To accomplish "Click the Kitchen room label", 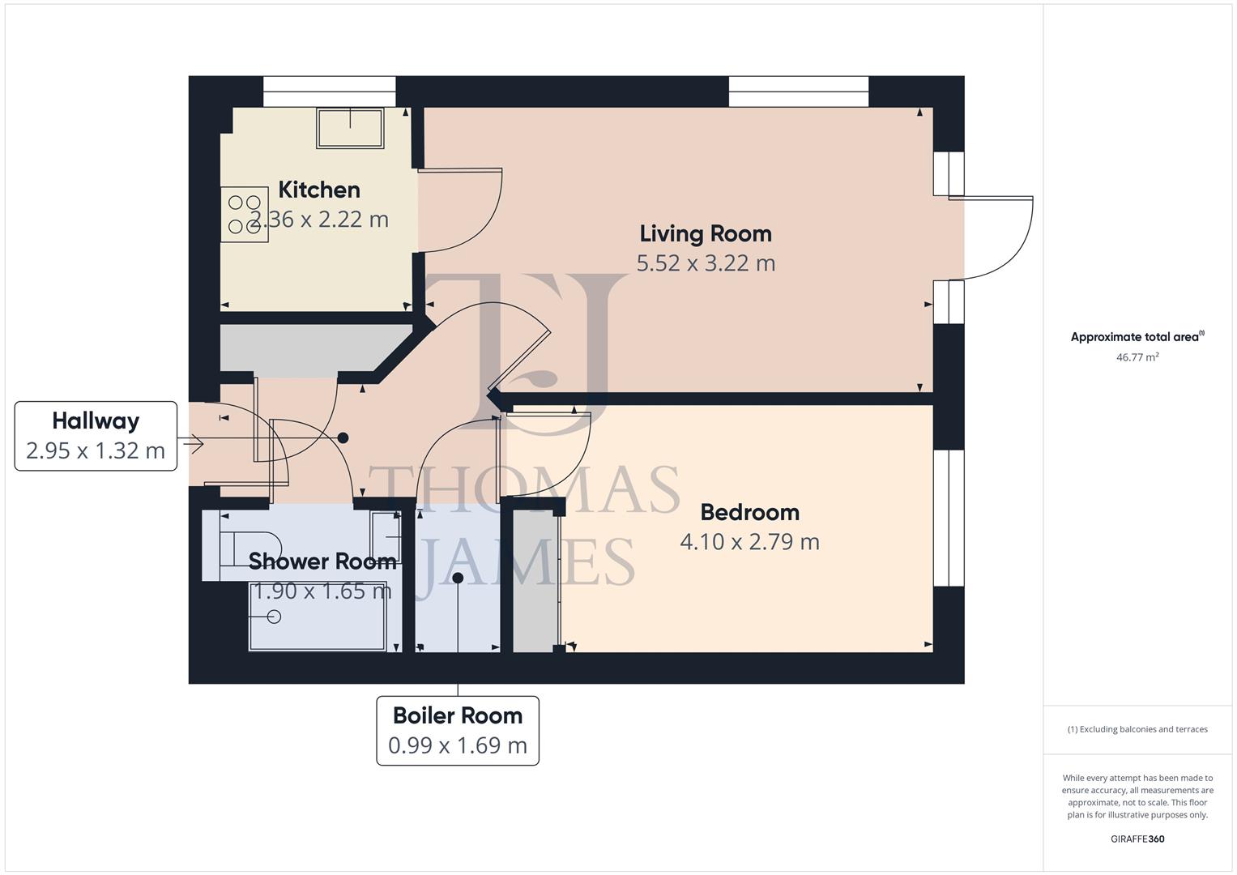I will (x=319, y=190).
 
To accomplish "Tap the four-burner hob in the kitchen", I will (x=244, y=215).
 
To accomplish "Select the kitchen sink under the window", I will (x=350, y=128).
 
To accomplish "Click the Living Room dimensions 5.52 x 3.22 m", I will (x=706, y=263).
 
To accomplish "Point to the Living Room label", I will (x=706, y=233).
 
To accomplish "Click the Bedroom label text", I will (x=749, y=512).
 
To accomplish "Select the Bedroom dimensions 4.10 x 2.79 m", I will (x=749, y=542).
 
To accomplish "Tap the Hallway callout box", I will (x=96, y=436).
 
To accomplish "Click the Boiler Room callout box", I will (x=458, y=730).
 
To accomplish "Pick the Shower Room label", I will (x=322, y=561).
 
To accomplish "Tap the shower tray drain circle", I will (x=274, y=617).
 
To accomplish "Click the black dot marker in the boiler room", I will (x=458, y=578).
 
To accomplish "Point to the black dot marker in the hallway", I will (x=343, y=437).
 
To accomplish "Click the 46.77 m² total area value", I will (x=1137, y=357).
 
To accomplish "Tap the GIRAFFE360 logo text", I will (x=1137, y=839).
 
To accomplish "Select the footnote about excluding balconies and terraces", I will (x=1137, y=729).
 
